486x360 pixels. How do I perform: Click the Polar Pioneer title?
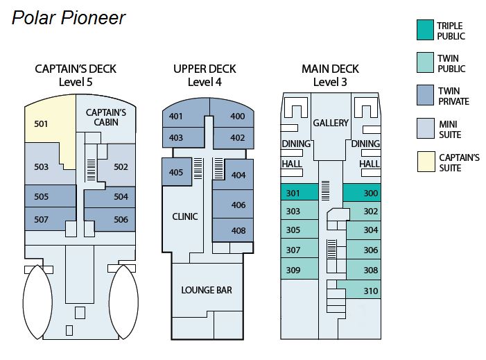coord(69,17)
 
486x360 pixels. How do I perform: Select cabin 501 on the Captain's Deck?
coord(41,124)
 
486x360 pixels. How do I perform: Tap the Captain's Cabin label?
coord(105,117)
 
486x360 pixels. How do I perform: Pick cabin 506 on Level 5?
coord(121,219)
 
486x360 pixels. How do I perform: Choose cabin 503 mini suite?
coord(41,166)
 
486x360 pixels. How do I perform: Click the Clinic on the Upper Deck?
coord(184,216)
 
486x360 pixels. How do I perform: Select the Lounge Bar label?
coord(207,289)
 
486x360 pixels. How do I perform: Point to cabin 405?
coord(176,172)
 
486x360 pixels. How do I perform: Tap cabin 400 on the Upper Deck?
coord(238,116)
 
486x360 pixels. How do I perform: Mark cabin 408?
coord(238,230)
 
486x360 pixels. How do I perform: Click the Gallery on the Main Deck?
coord(330,123)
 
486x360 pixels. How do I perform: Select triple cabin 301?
coord(293,193)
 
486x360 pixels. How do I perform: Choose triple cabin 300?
coord(371,193)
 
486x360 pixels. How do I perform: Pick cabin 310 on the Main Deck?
coord(371,291)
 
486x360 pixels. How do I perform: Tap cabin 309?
coord(293,270)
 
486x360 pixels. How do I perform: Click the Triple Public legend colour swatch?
coord(424,31)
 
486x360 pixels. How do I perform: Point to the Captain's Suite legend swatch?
coord(424,162)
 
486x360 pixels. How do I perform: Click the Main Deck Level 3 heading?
coord(330,75)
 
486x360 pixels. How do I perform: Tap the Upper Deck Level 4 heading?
coord(205,75)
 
